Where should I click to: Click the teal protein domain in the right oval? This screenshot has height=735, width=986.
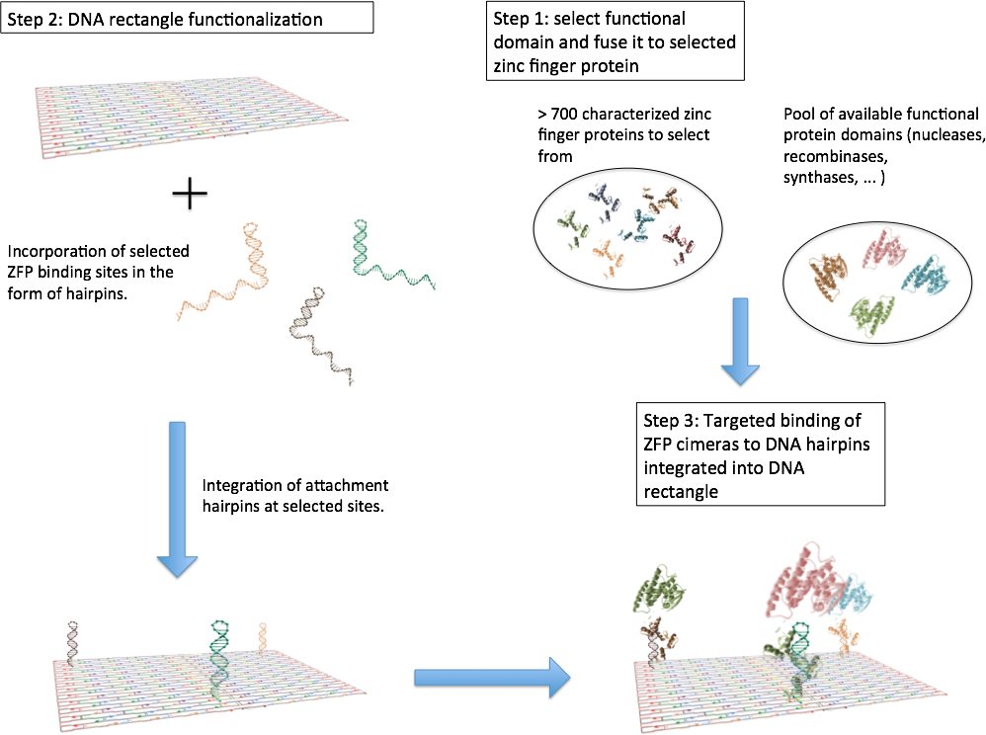(x=927, y=278)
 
